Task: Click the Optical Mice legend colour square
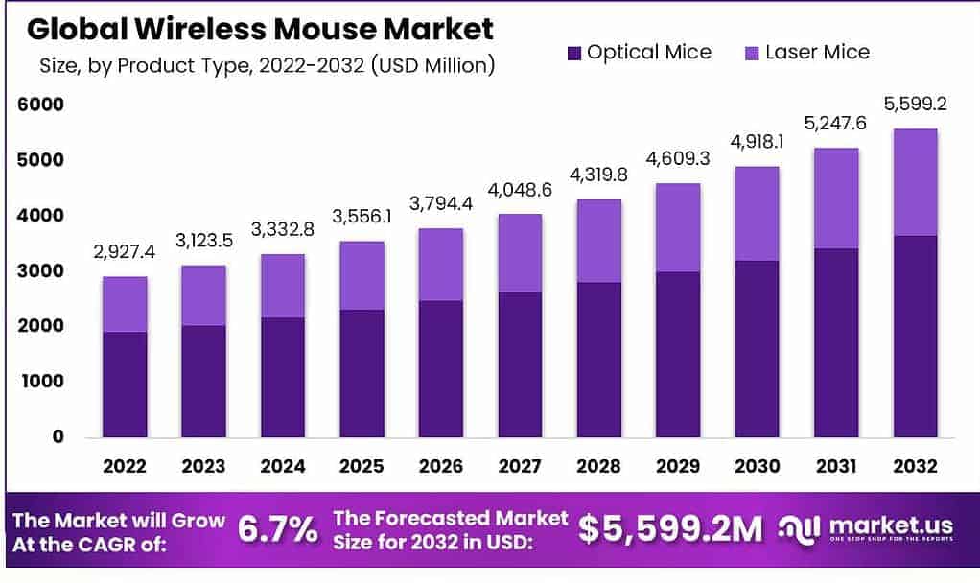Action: (574, 53)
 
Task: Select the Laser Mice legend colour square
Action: (752, 53)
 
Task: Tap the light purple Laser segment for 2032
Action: (914, 182)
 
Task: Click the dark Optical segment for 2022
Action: (125, 384)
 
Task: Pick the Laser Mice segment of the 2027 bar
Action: (520, 252)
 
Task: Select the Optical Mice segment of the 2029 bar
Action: (678, 354)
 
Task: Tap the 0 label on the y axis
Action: (58, 436)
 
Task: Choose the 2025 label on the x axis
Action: (362, 467)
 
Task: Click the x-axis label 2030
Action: (757, 467)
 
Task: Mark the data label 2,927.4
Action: (125, 252)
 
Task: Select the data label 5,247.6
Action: (835, 124)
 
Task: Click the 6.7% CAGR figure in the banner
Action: (277, 528)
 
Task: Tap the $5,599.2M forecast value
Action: (670, 528)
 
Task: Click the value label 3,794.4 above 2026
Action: (441, 203)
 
